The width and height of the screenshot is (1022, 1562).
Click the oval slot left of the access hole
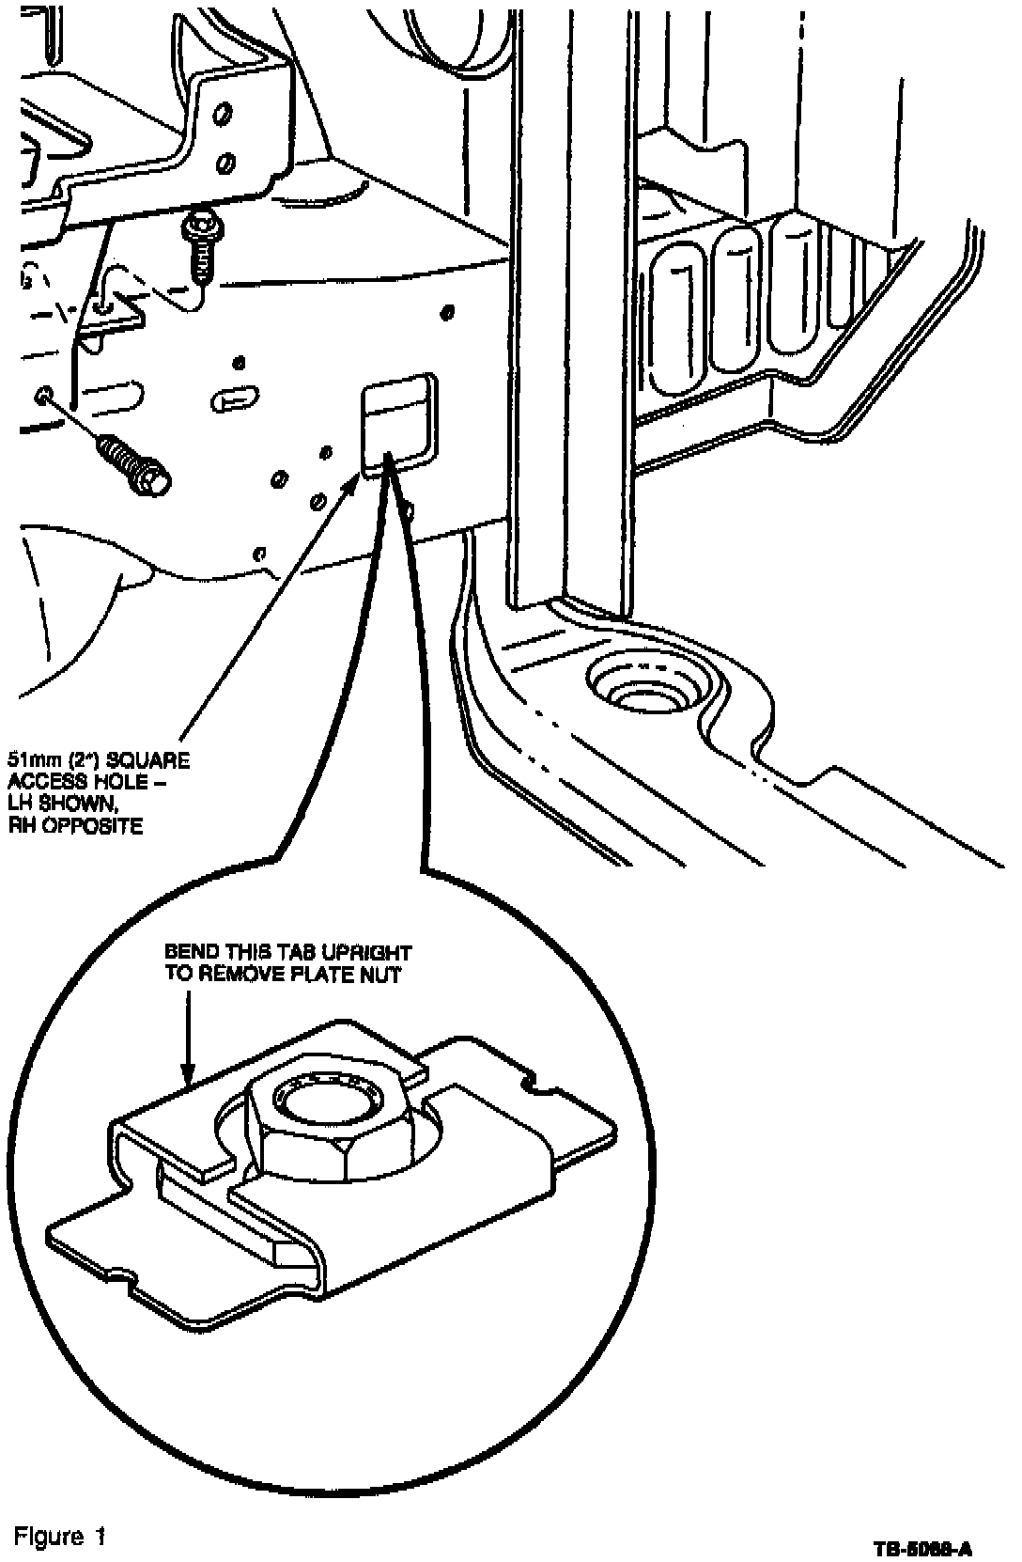238,397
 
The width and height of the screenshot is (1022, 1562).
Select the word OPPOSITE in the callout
102,826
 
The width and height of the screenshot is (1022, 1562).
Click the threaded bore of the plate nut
326,1096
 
